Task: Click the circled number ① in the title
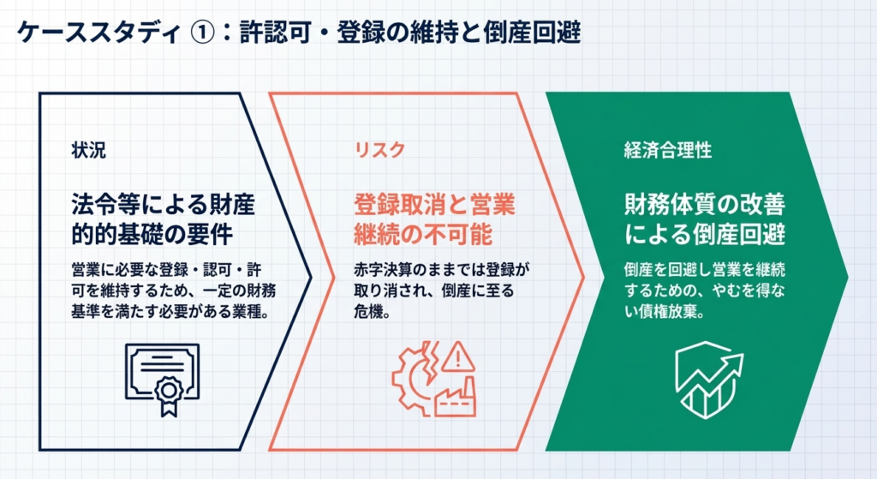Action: [202, 33]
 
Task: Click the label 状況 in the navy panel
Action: [88, 150]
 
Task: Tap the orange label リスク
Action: [379, 150]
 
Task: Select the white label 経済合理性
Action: [668, 150]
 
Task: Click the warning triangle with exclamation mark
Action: [458, 356]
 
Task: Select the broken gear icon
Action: [413, 380]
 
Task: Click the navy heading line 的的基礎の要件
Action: [152, 234]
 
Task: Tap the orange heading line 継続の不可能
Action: [423, 234]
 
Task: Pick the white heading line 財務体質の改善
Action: [705, 205]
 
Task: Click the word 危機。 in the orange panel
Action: [372, 311]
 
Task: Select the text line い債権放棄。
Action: [665, 311]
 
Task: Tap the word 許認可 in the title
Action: [275, 33]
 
